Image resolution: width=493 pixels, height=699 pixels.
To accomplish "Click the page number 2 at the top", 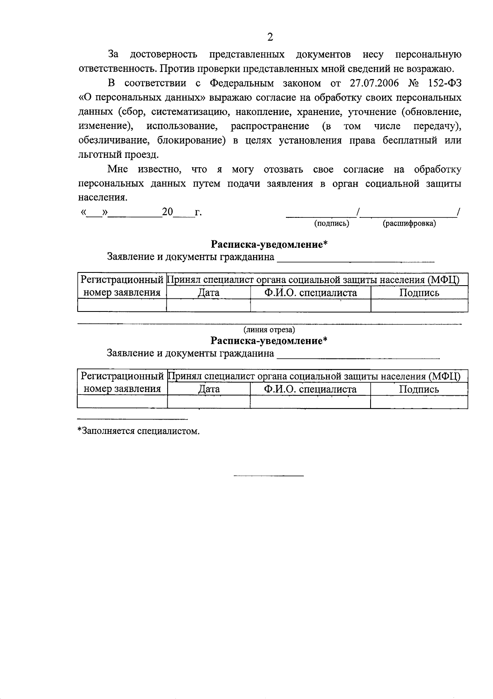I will tap(270, 37).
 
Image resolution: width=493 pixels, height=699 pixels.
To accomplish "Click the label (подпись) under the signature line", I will tap(332, 224).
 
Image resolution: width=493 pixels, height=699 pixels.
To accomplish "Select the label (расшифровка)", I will tap(409, 224).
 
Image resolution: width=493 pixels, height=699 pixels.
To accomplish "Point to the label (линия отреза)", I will tap(269, 330).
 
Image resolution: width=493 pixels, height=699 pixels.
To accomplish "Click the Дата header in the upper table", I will tap(208, 293).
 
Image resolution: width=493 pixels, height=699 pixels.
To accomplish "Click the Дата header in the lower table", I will tap(209, 389).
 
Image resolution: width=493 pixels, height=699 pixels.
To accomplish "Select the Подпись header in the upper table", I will tap(419, 293).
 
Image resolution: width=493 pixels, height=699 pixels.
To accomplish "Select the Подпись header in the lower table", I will tap(419, 389).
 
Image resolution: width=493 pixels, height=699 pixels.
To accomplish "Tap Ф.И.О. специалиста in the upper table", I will tap(310, 293).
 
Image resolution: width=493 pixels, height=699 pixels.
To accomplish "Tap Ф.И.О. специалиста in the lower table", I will tap(310, 389).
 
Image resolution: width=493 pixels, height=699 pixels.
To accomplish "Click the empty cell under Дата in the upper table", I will tap(208, 305).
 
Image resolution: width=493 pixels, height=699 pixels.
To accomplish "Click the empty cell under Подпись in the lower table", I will tap(419, 402).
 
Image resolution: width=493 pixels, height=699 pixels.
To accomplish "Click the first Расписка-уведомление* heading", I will tap(269, 245).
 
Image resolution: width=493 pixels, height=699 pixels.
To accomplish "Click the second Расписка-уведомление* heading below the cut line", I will tap(269, 341).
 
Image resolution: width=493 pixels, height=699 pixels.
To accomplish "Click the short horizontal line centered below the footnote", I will tap(268, 476).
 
